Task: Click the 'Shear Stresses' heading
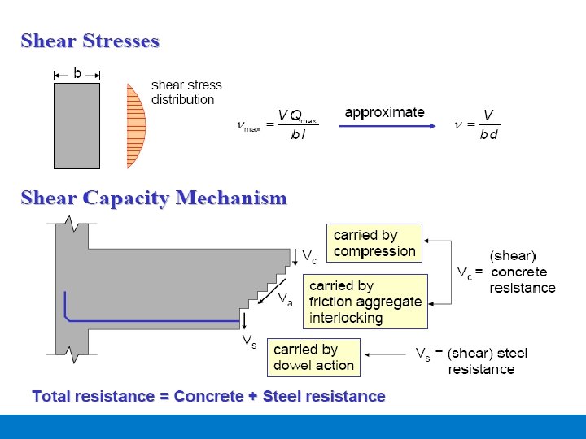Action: pyautogui.click(x=90, y=41)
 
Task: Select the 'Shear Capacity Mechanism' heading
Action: pyautogui.click(x=154, y=198)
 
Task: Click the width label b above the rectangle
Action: pyautogui.click(x=77, y=73)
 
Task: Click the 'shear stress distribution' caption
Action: pyautogui.click(x=186, y=92)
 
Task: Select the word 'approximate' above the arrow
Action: pyautogui.click(x=384, y=112)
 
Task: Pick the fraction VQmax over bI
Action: pyautogui.click(x=298, y=126)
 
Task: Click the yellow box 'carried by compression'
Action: pyautogui.click(x=374, y=243)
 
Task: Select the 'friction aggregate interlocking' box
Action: pyautogui.click(x=365, y=302)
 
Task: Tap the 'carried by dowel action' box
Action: pyautogui.click(x=313, y=358)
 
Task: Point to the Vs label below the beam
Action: pyautogui.click(x=249, y=342)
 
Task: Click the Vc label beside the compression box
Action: pyautogui.click(x=309, y=256)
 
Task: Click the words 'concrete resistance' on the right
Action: pyautogui.click(x=522, y=280)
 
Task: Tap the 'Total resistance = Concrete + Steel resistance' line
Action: pyautogui.click(x=208, y=397)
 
